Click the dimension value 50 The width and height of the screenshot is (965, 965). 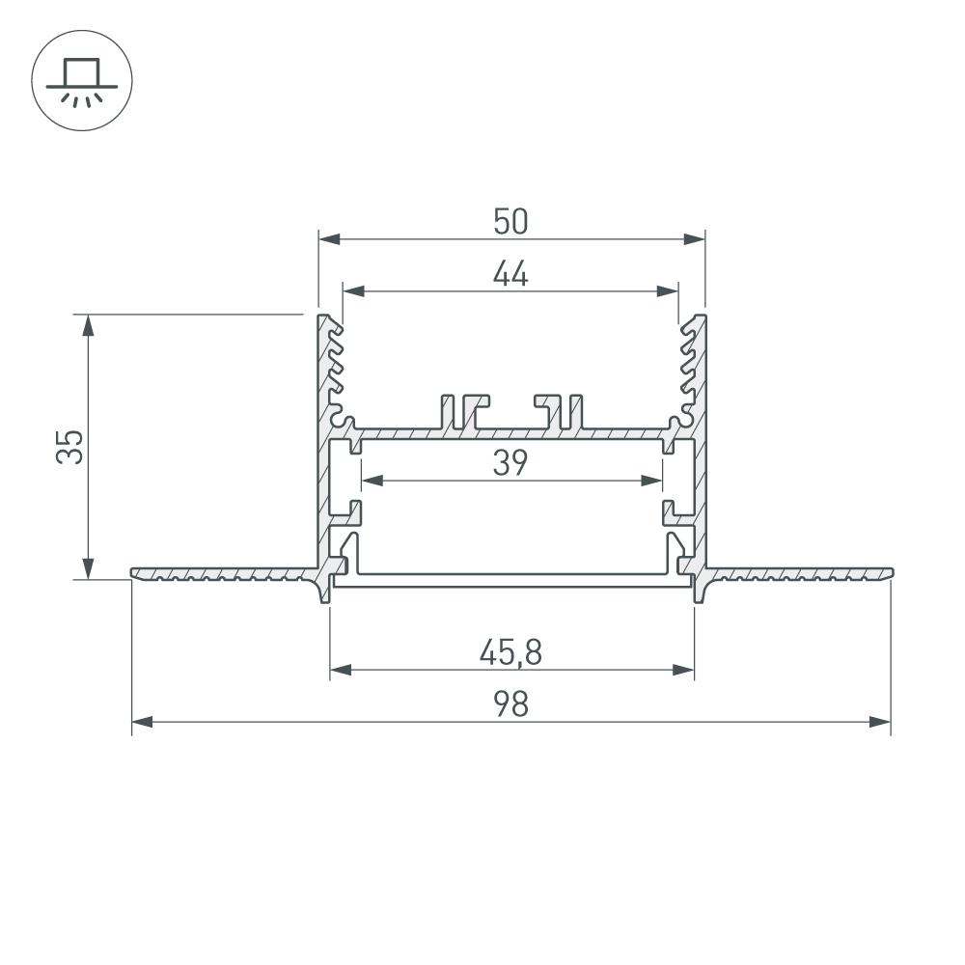coord(510,222)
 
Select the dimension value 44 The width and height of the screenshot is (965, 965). coord(510,275)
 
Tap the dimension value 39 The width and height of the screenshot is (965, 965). coord(510,463)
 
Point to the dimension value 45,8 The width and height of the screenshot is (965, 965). coord(510,654)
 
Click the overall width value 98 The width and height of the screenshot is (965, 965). coord(510,705)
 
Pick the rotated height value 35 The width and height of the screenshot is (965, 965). coord(70,447)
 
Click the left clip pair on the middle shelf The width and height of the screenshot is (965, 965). coord(464,410)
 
